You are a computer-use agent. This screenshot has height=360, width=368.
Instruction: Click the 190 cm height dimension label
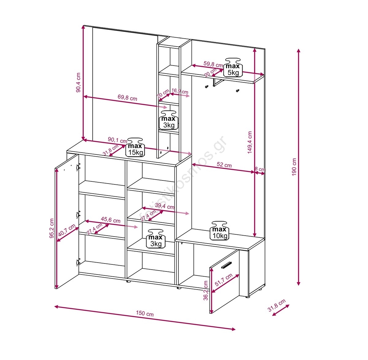point(294,167)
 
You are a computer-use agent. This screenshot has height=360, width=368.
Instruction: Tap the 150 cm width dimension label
point(144,313)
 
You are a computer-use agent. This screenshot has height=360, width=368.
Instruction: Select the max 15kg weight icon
point(135,147)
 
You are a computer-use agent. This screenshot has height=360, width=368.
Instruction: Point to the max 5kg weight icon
point(233,68)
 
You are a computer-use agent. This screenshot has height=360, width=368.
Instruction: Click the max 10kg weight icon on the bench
point(219,231)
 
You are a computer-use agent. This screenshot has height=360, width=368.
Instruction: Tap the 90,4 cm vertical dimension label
point(78,82)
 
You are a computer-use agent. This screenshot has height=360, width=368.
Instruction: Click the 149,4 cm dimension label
point(250,142)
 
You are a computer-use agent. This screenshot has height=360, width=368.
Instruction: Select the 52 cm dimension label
point(224,165)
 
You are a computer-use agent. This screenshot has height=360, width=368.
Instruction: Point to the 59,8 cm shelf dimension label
point(213,64)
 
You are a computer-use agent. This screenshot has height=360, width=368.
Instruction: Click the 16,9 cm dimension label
point(180,91)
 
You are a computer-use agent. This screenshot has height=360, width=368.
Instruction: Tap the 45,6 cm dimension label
point(111,220)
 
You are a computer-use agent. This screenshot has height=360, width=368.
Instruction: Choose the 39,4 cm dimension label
point(165,206)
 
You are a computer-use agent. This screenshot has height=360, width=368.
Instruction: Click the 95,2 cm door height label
point(52,228)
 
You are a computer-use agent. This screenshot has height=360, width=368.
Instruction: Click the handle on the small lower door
point(226,265)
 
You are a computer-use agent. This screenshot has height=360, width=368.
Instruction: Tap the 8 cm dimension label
point(260,169)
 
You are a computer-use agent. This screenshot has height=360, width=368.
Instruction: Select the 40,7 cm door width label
point(67,230)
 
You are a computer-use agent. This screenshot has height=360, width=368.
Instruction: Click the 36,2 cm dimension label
point(205,290)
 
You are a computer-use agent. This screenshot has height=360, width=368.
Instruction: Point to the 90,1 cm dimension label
point(117,140)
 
